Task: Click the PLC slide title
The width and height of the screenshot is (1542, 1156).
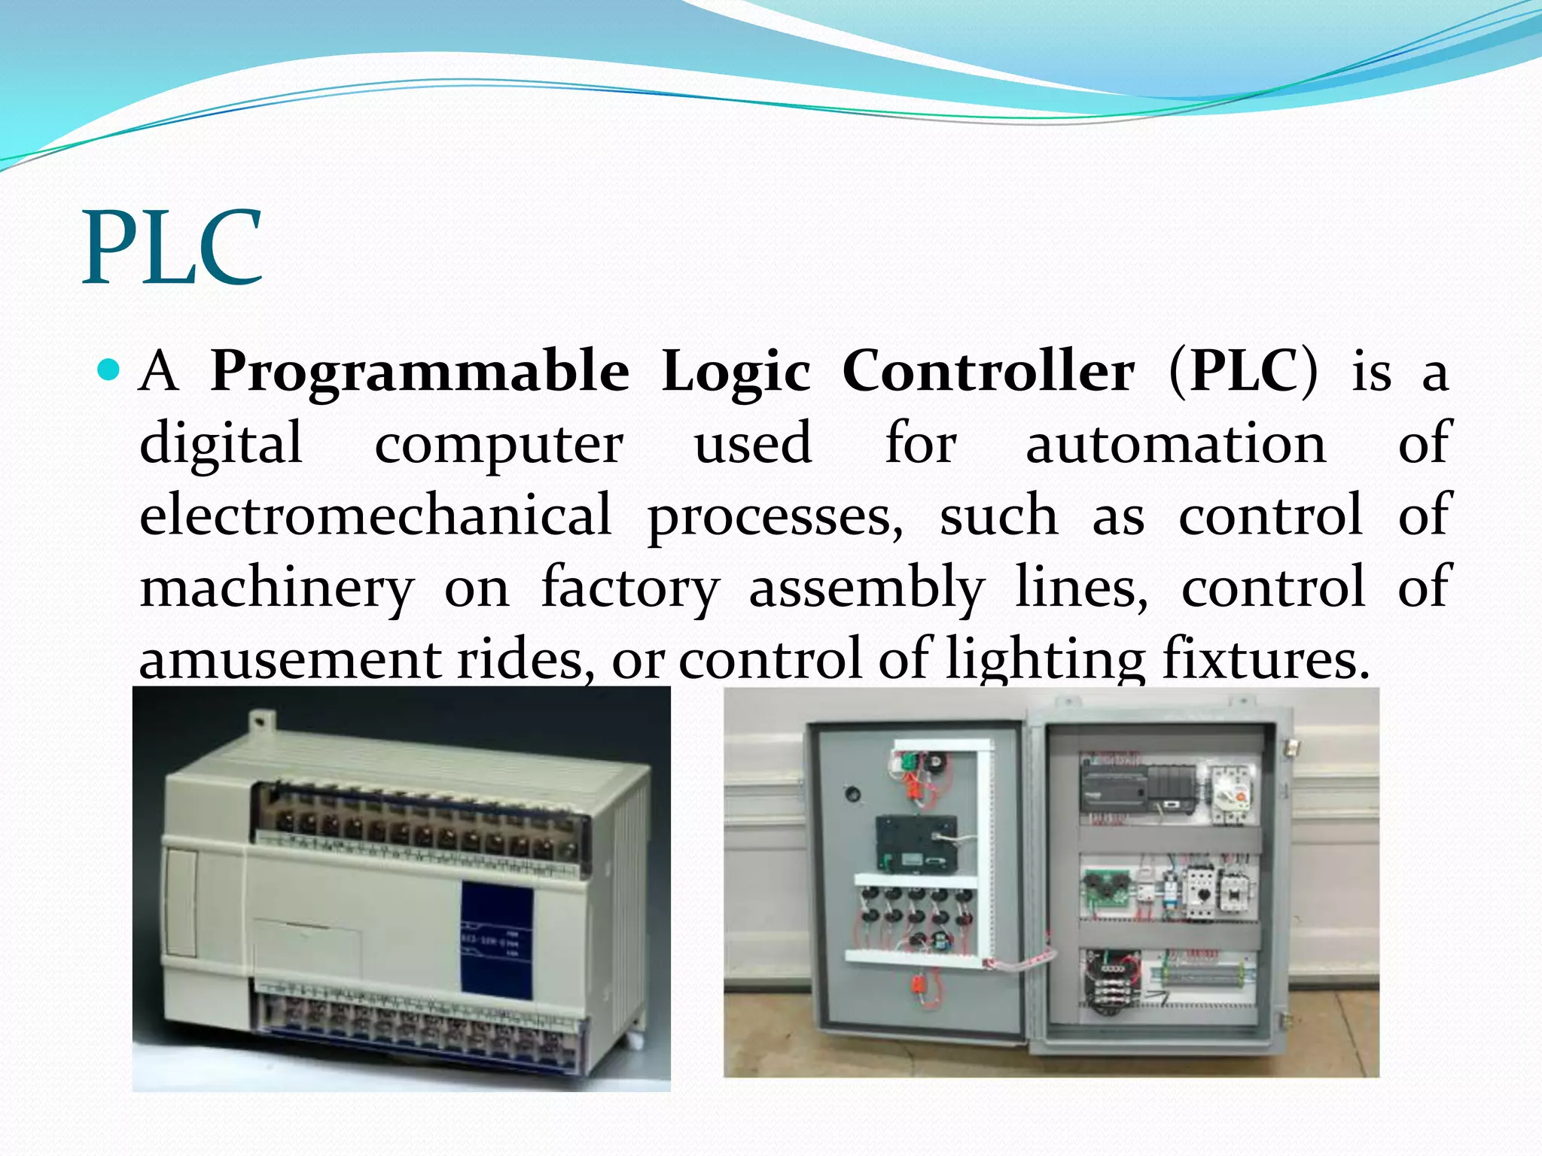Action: tap(173, 248)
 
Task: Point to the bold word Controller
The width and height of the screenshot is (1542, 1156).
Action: tap(988, 371)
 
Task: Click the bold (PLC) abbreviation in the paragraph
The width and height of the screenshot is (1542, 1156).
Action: tap(1244, 371)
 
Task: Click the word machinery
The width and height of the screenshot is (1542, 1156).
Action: tap(277, 587)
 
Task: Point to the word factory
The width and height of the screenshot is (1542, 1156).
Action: tap(630, 587)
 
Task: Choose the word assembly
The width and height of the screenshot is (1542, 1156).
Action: tap(867, 587)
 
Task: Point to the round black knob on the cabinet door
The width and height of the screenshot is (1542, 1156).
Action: tap(852, 793)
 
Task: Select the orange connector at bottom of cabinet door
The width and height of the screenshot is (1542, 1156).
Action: tap(919, 983)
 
